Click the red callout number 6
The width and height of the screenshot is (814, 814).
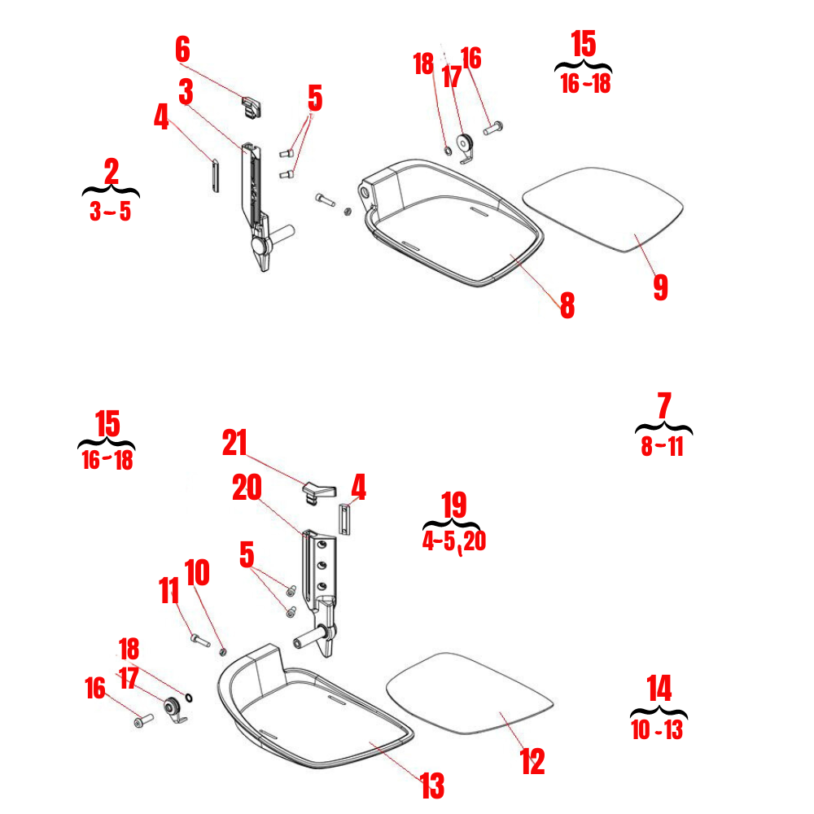pos(182,50)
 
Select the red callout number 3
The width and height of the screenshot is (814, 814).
pos(186,93)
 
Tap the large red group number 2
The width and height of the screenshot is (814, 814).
pos(112,171)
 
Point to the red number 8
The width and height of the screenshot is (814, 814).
pos(567,305)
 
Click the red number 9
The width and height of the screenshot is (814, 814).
pos(660,287)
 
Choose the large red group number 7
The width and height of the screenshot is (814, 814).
pos(663,406)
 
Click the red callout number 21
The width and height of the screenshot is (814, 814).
pos(234,444)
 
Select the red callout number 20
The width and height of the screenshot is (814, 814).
pos(247,488)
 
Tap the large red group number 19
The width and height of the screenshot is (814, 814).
pos(453,505)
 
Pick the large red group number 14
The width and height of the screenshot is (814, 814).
pos(659,689)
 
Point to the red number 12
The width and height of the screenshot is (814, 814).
pos(532,762)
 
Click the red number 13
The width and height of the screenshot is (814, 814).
pos(432,786)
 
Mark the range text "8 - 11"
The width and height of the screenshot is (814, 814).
pos(662,447)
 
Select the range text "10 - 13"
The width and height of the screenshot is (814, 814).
pos(657,730)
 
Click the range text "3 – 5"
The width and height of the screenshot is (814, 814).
pos(110,212)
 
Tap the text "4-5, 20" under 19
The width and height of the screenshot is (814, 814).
pos(454,542)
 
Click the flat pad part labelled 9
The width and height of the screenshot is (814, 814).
pos(602,208)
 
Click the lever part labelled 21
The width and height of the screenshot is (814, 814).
pos(318,490)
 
